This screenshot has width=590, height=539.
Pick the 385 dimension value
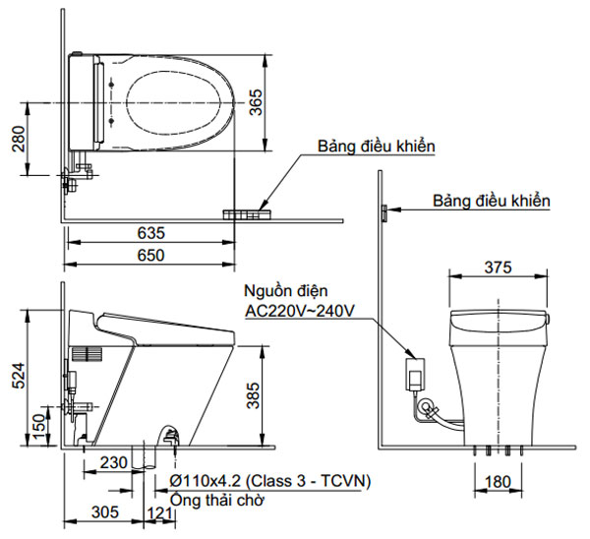pos(256,394)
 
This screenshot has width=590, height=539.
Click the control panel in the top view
pos(247,213)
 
